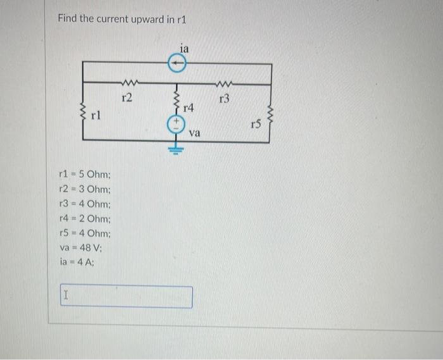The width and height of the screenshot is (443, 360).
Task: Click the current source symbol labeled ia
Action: point(178,63)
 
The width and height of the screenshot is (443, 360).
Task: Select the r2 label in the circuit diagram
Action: point(127,97)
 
